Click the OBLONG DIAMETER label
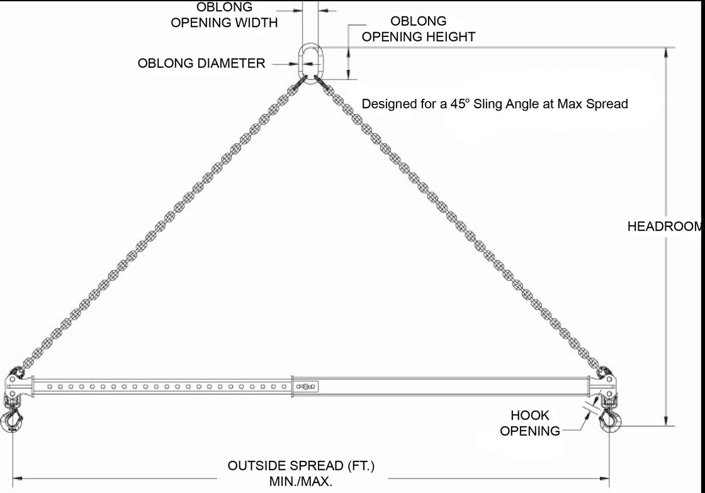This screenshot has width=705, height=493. point(201,64)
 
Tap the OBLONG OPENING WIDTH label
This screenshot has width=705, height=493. point(224,15)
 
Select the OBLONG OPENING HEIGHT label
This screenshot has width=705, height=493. point(418,29)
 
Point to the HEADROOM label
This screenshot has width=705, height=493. point(665,227)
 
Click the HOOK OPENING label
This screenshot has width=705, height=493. point(530,423)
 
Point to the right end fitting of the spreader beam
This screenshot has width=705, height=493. point(606,382)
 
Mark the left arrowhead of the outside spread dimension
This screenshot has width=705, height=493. point(16,479)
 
